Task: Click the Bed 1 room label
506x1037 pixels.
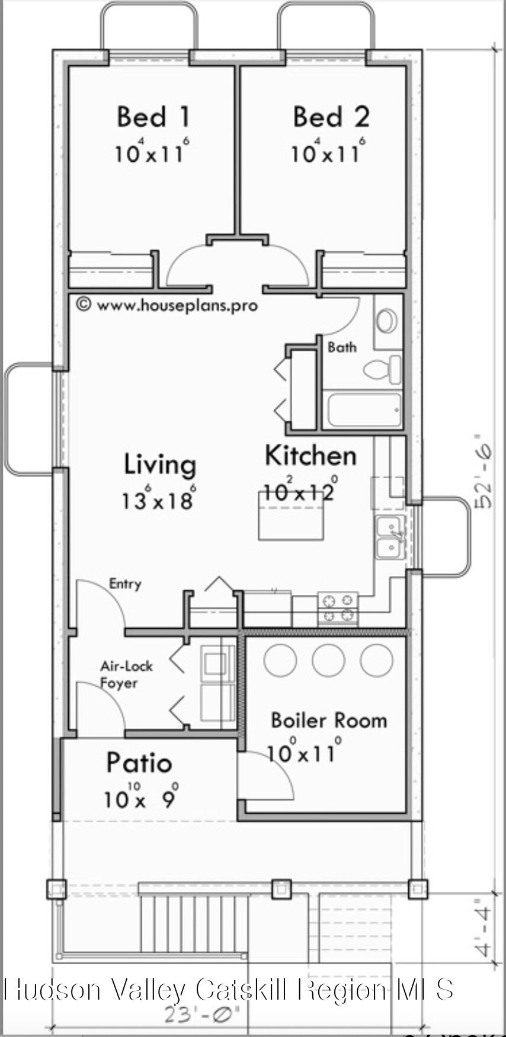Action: coord(153,117)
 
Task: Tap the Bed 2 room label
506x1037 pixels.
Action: coord(331,117)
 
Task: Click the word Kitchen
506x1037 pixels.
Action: coord(310,456)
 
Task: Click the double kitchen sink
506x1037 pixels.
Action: coord(391,536)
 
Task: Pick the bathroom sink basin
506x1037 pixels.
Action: coord(388,322)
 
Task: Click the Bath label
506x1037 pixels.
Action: coord(342,347)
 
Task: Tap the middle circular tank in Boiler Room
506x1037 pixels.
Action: coord(328,660)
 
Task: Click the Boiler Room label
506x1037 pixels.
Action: coord(328,721)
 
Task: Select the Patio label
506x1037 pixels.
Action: coord(139,763)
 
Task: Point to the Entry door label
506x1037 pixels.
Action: coord(125,584)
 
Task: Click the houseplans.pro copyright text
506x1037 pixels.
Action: coord(167,305)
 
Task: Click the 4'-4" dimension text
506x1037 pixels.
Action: coord(484,929)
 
